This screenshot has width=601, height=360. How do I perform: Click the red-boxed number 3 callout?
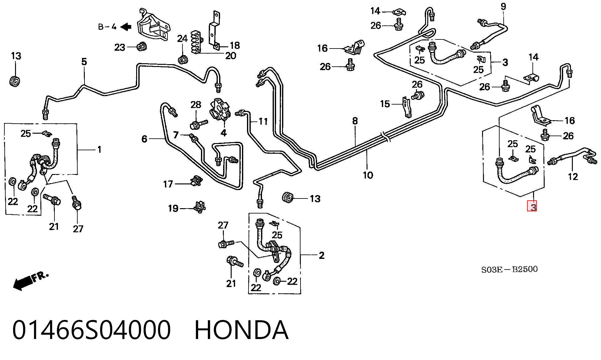(532, 206)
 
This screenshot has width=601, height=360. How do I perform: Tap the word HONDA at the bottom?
(241, 330)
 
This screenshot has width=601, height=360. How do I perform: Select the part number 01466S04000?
(91, 330)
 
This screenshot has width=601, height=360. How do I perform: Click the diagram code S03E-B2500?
(509, 269)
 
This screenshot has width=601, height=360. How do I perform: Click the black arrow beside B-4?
(126, 27)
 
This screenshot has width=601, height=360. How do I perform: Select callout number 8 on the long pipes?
(355, 121)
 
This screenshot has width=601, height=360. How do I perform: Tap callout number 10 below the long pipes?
(368, 175)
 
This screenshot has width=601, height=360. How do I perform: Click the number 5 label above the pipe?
(84, 62)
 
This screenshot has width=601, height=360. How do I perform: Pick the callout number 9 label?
(503, 6)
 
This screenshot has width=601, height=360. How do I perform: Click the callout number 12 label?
(573, 177)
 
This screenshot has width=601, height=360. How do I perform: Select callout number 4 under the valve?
(223, 133)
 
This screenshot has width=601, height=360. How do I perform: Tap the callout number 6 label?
(144, 139)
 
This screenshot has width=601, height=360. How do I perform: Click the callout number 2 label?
(321, 255)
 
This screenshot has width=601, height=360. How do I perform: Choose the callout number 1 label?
(99, 150)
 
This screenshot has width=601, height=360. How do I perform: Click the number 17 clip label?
(168, 184)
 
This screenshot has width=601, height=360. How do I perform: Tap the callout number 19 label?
(173, 208)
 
